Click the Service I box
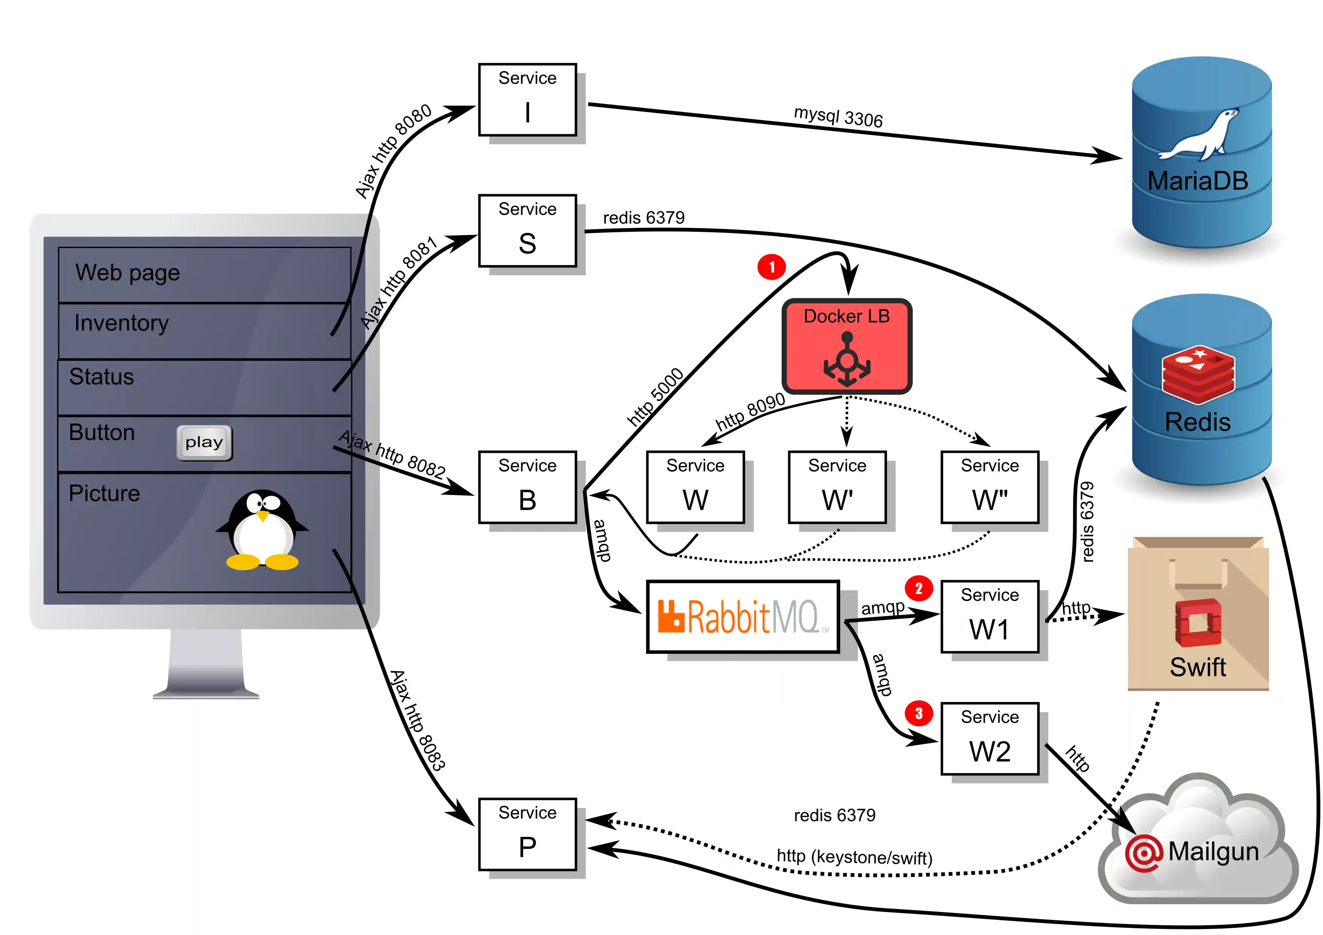coord(527,100)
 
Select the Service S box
coord(527,230)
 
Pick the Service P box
coord(527,834)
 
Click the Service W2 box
coord(989,739)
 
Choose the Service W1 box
coord(989,616)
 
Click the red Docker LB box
coord(846,346)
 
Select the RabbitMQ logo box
coord(743,616)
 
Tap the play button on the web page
coord(204,443)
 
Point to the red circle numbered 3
coord(918,713)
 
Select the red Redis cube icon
coord(1198,374)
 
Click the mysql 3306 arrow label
coord(838,117)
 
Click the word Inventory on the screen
coord(121,323)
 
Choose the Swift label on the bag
coord(1197,667)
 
